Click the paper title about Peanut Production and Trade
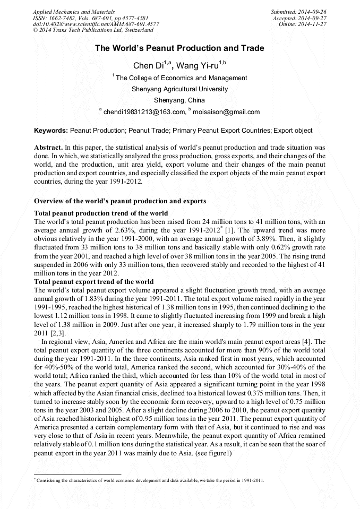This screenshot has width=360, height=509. [x=179, y=48]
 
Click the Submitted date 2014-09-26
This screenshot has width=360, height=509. [x=299, y=11]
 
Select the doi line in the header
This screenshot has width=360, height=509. [x=96, y=24]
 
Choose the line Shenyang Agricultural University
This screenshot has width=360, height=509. [x=179, y=89]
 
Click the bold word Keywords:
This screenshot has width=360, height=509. [x=51, y=130]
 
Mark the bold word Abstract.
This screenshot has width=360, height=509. [x=48, y=146]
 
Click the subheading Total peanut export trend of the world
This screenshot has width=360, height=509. [x=93, y=281]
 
